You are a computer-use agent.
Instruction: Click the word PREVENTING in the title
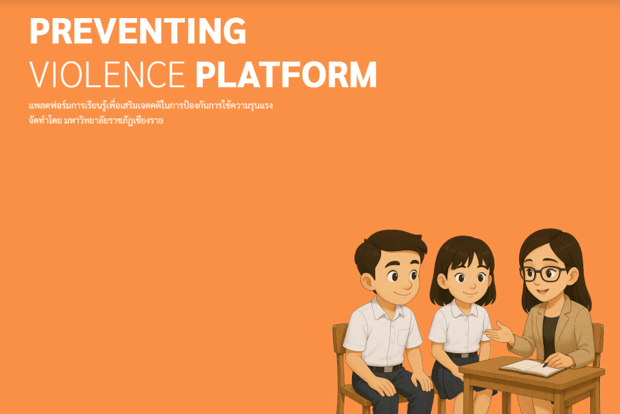click(x=138, y=30)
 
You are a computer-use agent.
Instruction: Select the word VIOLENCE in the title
click(x=107, y=74)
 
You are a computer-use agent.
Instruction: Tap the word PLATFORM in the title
click(x=286, y=74)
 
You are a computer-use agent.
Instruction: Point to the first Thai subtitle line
click(x=150, y=106)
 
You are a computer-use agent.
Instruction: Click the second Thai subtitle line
click(x=96, y=120)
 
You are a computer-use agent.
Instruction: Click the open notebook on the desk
click(x=532, y=367)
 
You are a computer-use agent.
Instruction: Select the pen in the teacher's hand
click(x=546, y=364)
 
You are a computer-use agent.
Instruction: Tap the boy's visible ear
click(x=367, y=281)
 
